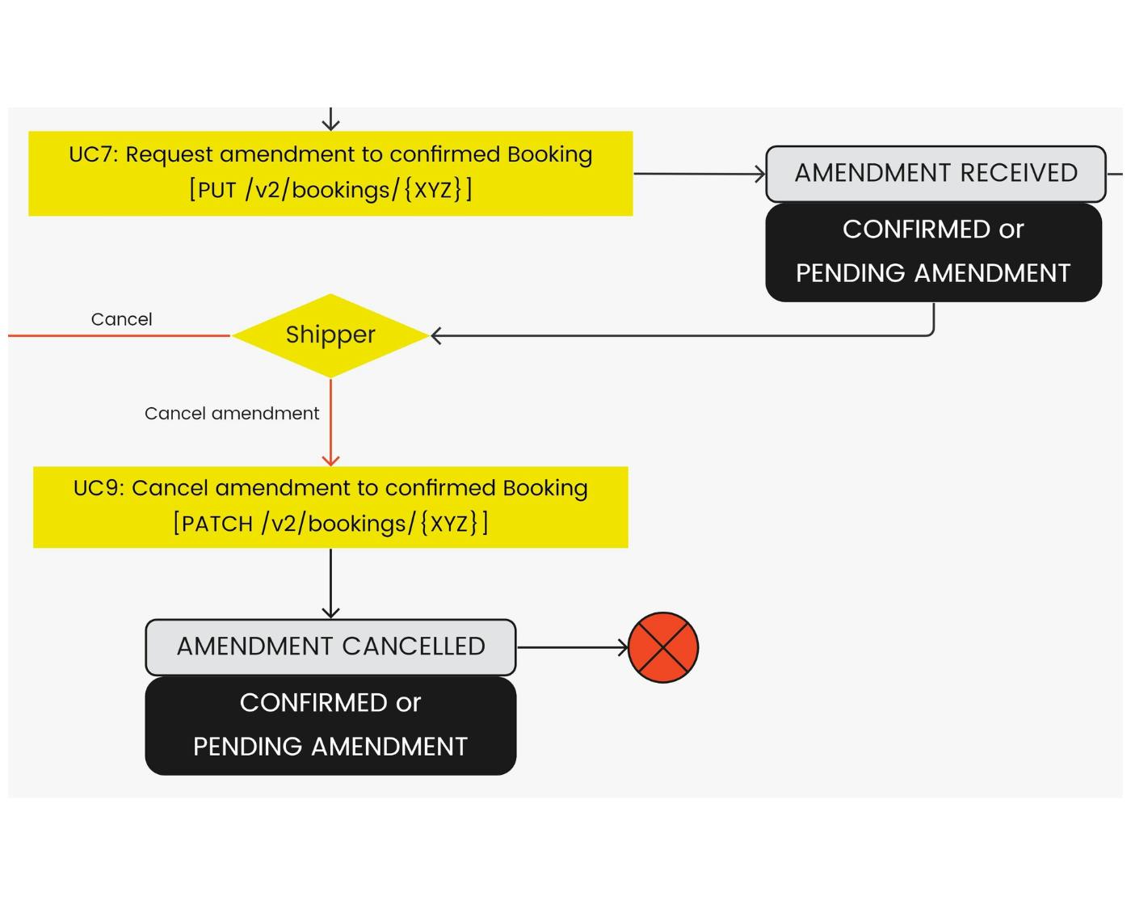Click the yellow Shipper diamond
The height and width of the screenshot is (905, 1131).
(x=330, y=335)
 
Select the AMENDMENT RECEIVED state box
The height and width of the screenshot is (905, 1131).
(x=935, y=174)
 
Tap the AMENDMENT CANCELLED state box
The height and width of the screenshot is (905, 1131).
(x=330, y=647)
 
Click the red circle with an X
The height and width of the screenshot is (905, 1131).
(x=663, y=647)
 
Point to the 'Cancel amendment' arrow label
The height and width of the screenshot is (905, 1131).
(x=232, y=414)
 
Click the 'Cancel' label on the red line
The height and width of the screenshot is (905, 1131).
(x=121, y=319)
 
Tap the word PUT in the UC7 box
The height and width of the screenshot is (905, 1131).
(x=217, y=191)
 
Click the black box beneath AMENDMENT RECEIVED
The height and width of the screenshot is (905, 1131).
(x=933, y=252)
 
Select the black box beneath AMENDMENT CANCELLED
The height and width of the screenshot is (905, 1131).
(x=330, y=725)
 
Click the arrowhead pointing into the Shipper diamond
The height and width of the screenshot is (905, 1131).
(x=436, y=335)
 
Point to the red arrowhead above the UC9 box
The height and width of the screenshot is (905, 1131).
(x=330, y=461)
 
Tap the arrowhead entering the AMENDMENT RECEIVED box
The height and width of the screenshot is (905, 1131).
(x=759, y=174)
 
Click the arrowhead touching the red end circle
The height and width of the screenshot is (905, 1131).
(x=623, y=647)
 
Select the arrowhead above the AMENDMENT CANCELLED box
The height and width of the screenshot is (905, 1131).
(x=330, y=612)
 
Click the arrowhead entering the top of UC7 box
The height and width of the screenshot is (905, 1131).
(x=330, y=124)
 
